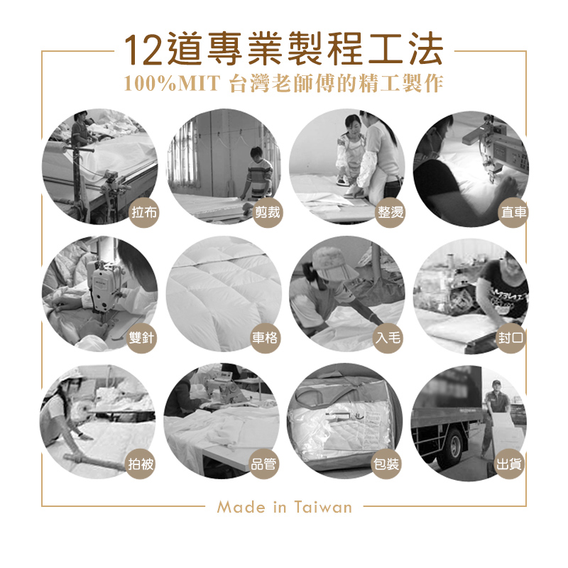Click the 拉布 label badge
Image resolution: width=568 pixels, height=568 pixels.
[144, 212]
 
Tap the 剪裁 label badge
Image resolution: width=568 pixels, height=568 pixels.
[268, 212]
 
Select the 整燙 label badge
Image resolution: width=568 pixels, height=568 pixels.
[390, 212]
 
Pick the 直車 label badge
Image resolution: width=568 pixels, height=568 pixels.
[513, 212]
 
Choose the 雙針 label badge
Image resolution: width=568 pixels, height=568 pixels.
[141, 339]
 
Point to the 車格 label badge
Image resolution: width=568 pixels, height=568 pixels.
[265, 339]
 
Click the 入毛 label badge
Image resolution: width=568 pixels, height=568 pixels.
[388, 339]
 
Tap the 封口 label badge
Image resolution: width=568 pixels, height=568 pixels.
[510, 339]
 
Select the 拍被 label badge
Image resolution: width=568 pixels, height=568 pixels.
[141, 464]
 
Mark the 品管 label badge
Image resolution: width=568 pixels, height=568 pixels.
[263, 464]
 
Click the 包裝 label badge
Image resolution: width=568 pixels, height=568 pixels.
[386, 464]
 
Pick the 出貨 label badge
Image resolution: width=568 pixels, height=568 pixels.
[509, 464]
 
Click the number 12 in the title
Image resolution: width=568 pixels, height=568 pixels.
[143, 50]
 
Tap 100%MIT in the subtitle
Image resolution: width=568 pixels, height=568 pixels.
[172, 83]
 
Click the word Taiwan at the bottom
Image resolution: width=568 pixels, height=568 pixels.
[323, 507]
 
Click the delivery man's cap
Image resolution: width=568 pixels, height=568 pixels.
[496, 383]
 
